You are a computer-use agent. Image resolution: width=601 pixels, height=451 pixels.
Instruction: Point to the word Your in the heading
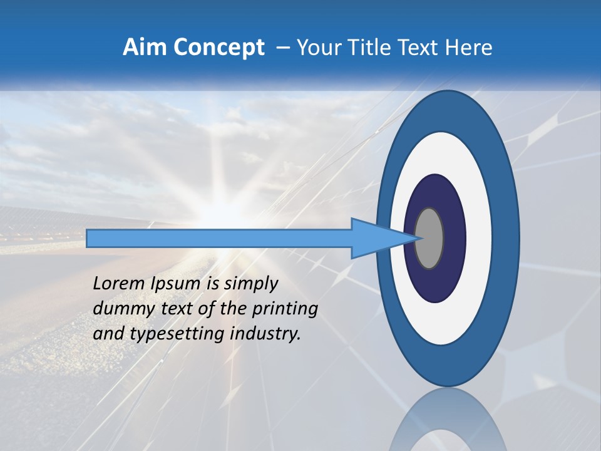319,47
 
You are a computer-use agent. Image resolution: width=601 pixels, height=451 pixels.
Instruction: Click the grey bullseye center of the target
429,238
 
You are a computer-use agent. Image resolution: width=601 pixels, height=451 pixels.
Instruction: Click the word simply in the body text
250,284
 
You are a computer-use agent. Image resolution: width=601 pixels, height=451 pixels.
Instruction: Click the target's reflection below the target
448,420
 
